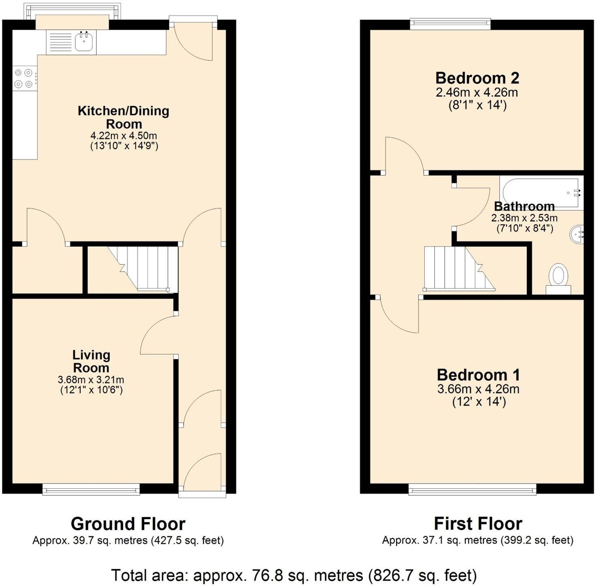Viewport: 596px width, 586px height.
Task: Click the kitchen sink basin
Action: point(85,42)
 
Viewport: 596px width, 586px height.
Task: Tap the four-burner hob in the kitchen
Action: point(23,79)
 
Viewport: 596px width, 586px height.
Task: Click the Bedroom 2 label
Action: point(477,78)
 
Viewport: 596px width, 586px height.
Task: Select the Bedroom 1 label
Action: point(478,375)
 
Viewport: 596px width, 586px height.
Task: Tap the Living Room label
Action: point(91,361)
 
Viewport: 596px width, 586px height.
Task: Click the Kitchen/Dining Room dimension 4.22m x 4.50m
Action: point(123,135)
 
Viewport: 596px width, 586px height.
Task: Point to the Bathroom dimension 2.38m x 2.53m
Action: point(524,218)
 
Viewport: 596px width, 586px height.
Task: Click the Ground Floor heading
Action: point(128,524)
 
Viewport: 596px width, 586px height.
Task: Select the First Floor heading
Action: point(478,524)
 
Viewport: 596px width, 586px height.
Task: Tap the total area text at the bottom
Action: point(294,575)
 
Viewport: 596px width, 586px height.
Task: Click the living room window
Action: point(91,490)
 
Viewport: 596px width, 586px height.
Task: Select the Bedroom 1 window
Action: point(473,490)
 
